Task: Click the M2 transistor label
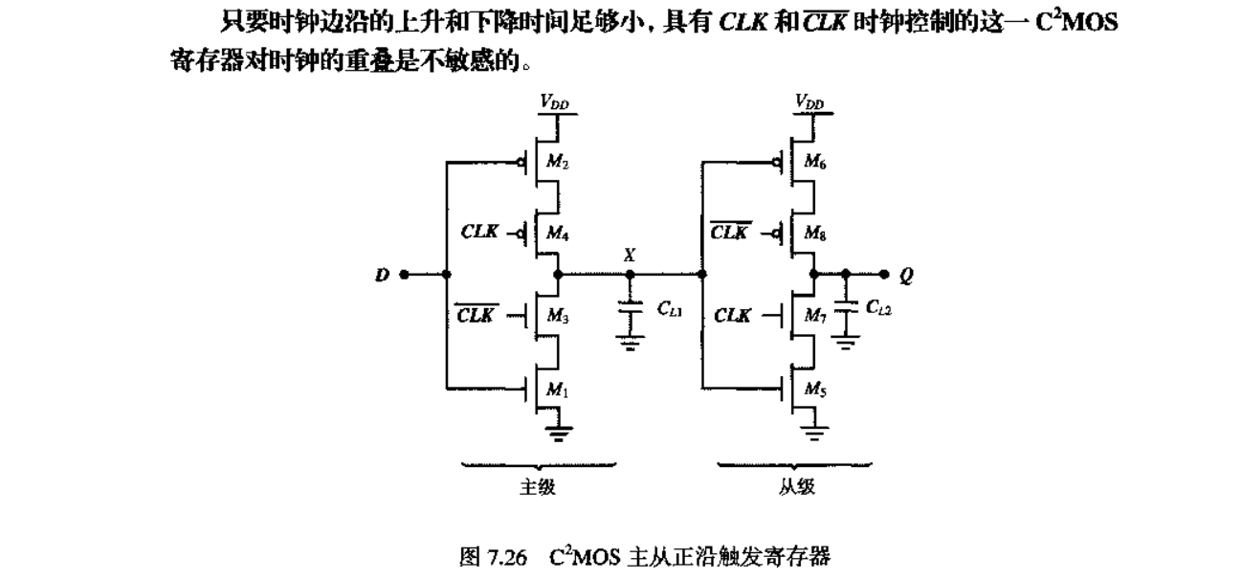556,162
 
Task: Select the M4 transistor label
556,233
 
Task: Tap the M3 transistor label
556,317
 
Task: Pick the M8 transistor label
816,233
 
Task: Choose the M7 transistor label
816,317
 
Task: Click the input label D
381,276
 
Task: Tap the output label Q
906,276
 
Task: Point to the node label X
629,256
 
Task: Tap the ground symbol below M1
555,434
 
